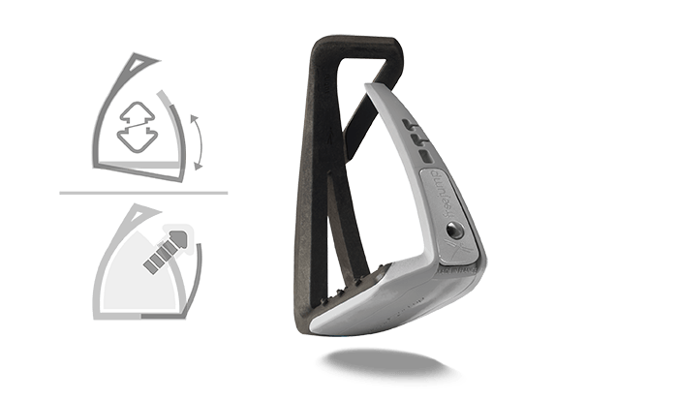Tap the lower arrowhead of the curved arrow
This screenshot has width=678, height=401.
click(198, 167)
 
